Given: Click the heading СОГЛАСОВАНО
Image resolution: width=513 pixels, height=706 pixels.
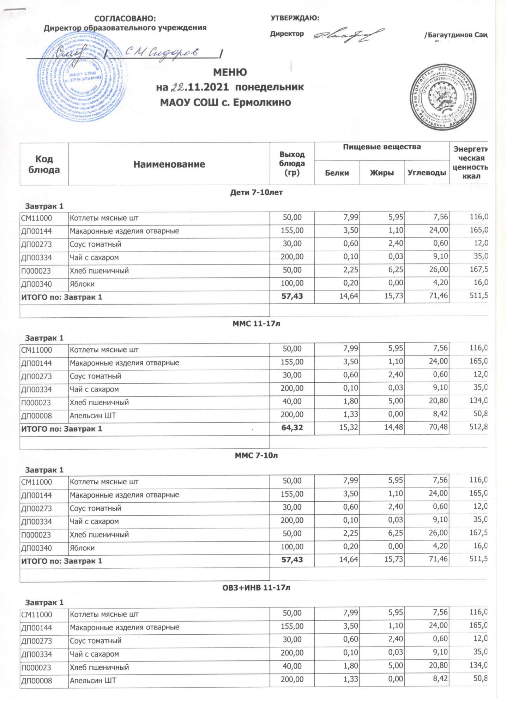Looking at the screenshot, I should coord(125,18).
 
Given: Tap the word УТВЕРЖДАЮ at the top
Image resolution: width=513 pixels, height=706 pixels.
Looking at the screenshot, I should coord(295,18).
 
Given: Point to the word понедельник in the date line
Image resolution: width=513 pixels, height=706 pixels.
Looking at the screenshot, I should coord(269,87).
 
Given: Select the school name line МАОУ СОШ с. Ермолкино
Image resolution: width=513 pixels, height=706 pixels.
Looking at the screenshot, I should coord(225,102).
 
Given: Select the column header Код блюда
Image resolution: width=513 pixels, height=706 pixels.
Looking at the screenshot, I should coord(44,164).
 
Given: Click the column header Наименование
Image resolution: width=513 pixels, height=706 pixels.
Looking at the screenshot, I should coord(169,164).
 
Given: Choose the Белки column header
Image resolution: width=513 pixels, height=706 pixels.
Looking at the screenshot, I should coord(337,173).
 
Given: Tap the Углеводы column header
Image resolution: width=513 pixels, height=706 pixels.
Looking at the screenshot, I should coord(427,173).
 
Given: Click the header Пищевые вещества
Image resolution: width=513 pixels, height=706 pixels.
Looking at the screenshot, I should coord(382,147).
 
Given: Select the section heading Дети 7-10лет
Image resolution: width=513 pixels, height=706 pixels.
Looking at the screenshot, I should coord(256,193).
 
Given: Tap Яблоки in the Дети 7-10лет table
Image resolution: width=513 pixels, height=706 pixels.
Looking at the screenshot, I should coord(82,284).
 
